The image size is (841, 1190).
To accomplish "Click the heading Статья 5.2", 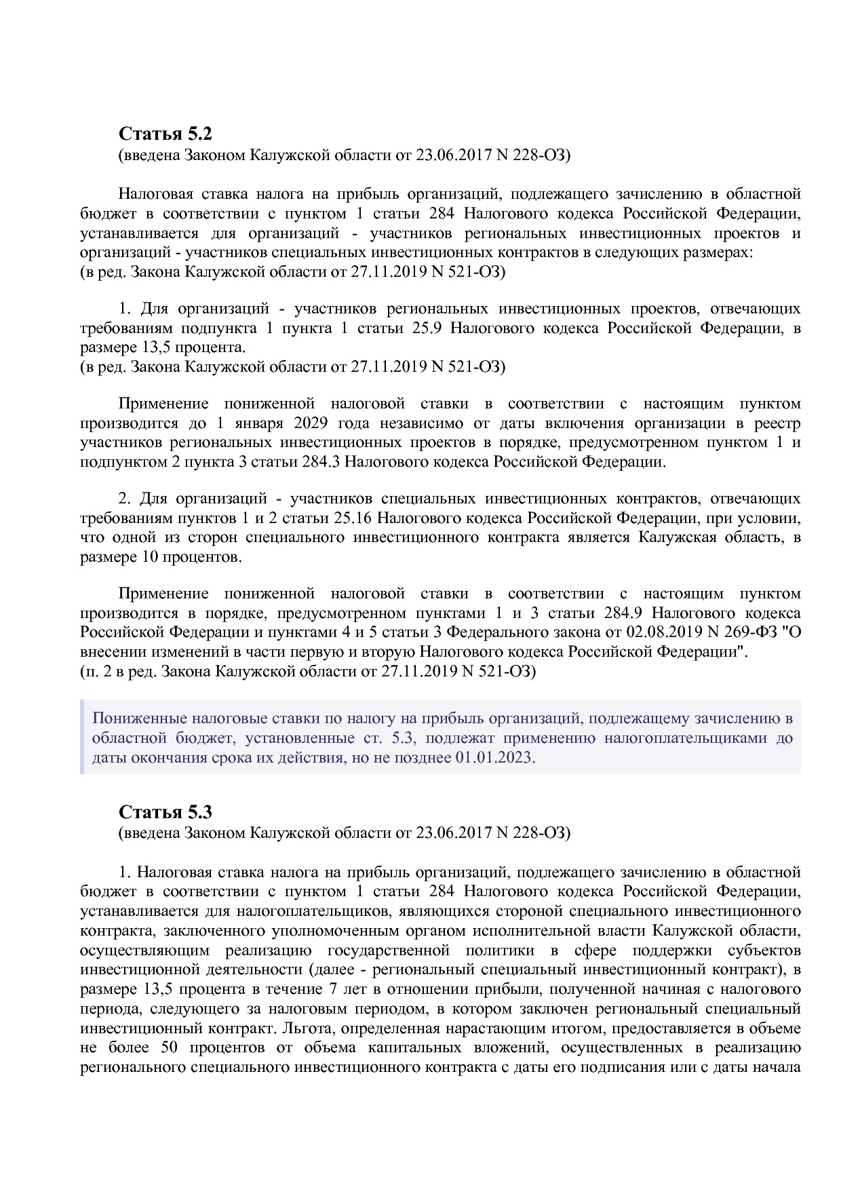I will [165, 134].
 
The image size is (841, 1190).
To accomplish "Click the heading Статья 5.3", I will [165, 811].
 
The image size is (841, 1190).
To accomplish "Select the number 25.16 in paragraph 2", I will [352, 518].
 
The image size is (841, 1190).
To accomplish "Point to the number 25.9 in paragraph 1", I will [427, 328].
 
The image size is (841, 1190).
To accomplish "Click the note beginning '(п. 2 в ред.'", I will [307, 672].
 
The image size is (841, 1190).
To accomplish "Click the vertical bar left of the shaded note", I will [82, 737].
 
